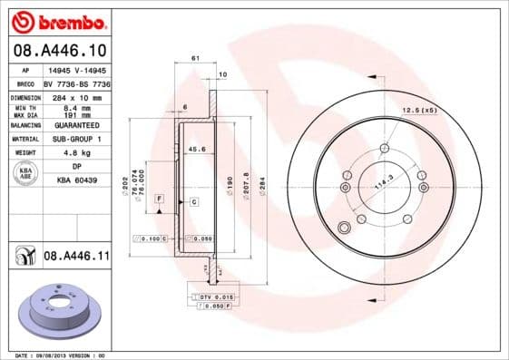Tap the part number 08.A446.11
click(x=76, y=258)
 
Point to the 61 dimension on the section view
click(x=195, y=59)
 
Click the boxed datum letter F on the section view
click(x=159, y=198)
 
